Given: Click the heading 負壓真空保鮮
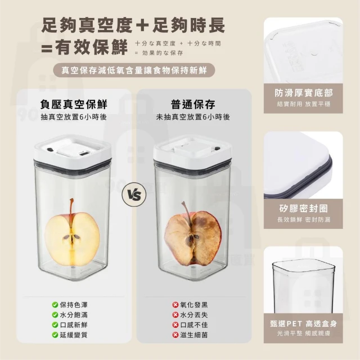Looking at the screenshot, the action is [x=74, y=104].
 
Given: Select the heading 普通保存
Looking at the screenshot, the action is [x=193, y=104].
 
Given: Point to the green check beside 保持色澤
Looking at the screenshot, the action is [x=55, y=305].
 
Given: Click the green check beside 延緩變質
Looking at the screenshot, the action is [x=55, y=335].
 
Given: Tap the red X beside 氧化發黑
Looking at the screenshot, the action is [x=175, y=305].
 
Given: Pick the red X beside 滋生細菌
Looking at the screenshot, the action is [x=175, y=335].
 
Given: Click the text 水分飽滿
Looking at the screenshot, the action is [x=74, y=315].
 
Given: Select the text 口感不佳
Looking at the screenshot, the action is [x=194, y=325].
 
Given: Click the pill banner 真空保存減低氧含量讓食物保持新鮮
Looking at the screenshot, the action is [x=134, y=70].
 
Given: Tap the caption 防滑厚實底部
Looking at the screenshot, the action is [x=304, y=93].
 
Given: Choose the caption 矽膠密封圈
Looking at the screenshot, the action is [x=304, y=209].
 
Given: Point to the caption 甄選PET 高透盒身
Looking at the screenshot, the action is [x=304, y=324].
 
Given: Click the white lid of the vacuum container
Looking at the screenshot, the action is [x=72, y=150].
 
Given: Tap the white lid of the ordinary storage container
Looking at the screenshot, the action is [x=192, y=150].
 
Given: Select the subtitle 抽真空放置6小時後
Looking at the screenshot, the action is [x=74, y=117].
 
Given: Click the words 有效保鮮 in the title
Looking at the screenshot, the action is [x=91, y=47].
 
